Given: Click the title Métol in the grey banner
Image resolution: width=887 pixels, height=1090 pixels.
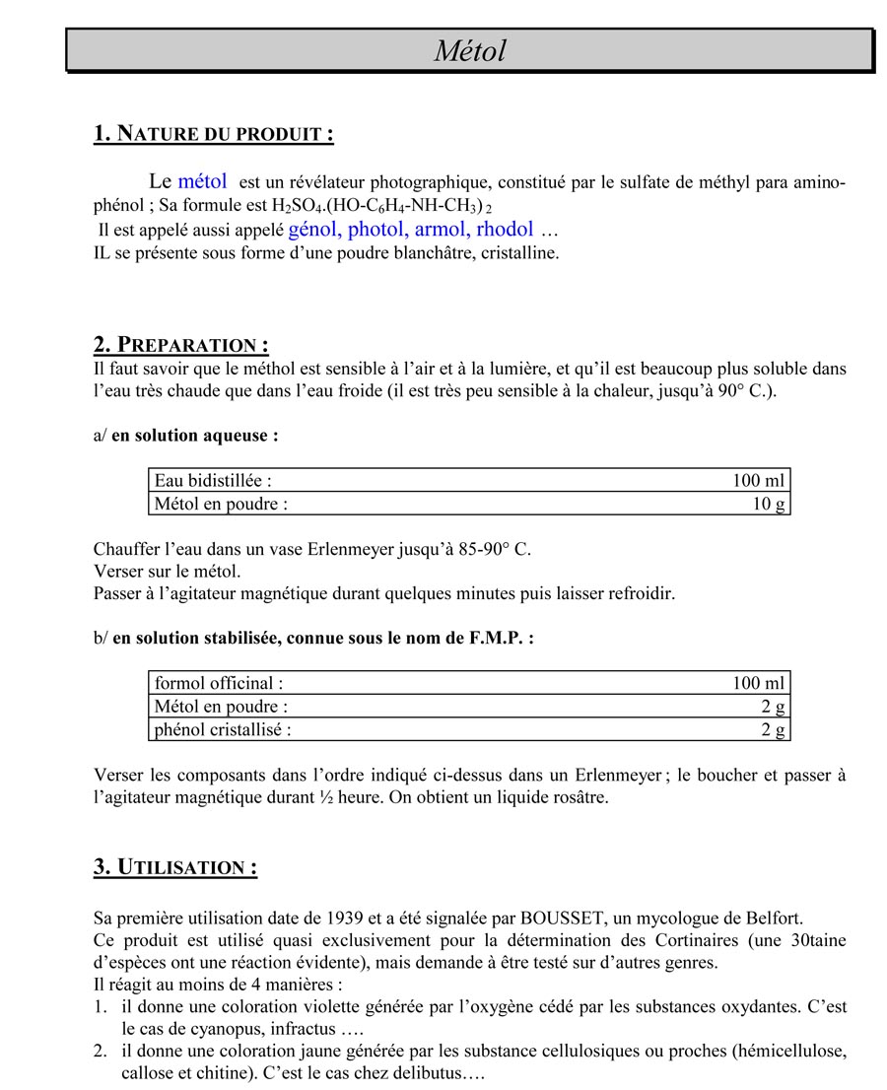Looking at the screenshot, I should [x=469, y=50].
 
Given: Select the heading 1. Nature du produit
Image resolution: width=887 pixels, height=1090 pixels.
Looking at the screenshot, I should [x=213, y=134].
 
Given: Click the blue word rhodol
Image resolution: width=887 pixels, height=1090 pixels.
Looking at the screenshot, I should [x=505, y=230].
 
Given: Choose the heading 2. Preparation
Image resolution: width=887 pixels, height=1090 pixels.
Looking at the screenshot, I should [x=180, y=345].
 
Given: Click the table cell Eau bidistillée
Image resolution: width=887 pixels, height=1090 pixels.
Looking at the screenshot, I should [x=213, y=481].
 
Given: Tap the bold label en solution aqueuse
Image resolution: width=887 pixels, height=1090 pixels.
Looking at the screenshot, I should [x=195, y=435].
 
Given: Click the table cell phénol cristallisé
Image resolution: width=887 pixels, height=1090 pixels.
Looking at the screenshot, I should [x=223, y=730].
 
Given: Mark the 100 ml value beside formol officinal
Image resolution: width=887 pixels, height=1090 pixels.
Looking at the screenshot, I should [x=759, y=683].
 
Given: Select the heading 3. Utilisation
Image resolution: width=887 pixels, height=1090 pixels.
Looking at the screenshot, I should [x=175, y=867].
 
